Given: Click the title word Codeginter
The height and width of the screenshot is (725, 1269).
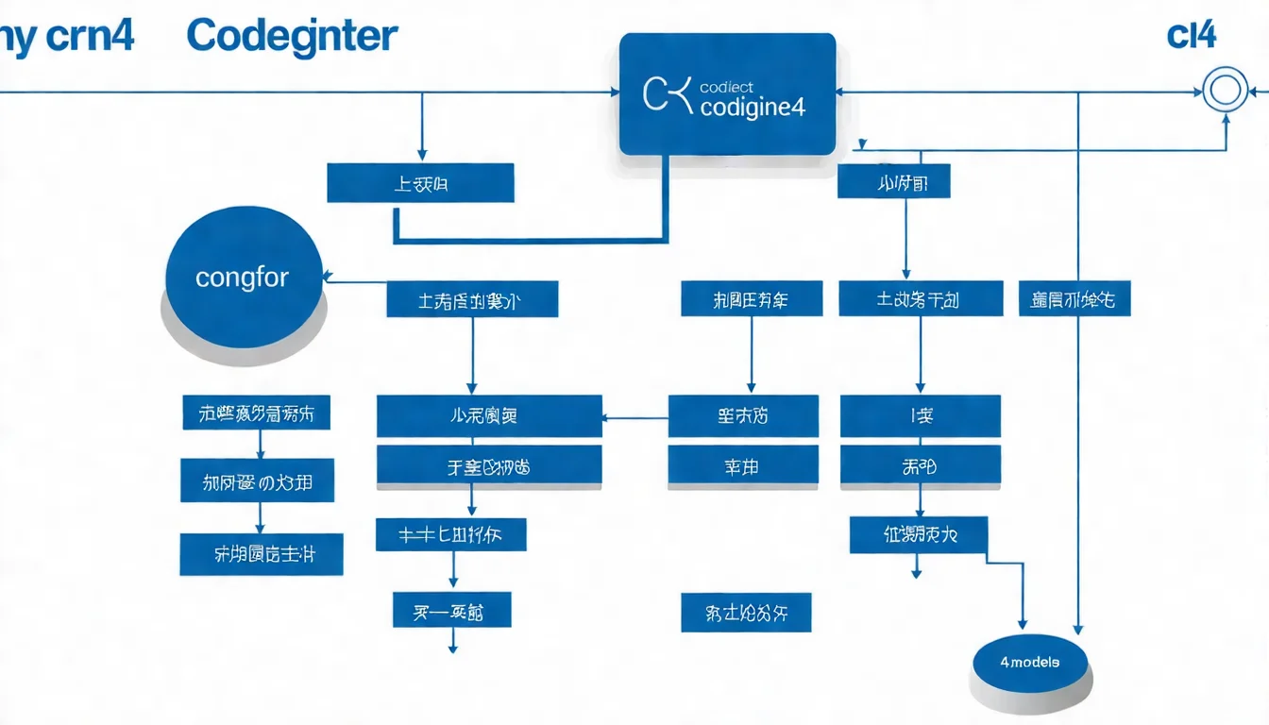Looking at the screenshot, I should point(292,36).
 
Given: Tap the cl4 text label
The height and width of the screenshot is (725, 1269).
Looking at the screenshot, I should point(1191,35).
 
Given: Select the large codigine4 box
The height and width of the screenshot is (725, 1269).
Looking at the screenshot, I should point(727,94).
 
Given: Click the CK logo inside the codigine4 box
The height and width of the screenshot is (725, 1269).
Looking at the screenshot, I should point(667,95).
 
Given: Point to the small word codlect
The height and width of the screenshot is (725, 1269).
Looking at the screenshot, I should point(726,87).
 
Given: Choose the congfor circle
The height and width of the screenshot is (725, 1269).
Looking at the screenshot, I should point(242,278).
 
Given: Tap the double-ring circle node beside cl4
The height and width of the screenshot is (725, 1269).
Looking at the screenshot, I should point(1224,92).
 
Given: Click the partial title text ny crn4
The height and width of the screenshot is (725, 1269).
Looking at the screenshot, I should point(66,36).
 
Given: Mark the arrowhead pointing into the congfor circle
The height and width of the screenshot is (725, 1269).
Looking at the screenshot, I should point(329,278).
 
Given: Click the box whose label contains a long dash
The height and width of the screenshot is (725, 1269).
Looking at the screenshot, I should point(451,611).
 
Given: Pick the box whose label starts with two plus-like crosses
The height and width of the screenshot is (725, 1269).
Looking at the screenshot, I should point(450,534).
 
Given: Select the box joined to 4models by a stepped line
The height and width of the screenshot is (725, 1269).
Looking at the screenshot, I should point(918,534).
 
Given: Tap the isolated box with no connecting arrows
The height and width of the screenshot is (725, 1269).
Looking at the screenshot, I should point(745,613).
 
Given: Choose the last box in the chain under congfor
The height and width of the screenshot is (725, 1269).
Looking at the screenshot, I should point(261,554).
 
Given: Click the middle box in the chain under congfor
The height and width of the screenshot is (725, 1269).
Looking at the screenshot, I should point(258,482).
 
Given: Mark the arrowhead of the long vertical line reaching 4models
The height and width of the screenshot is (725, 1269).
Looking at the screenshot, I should point(1078,629).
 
